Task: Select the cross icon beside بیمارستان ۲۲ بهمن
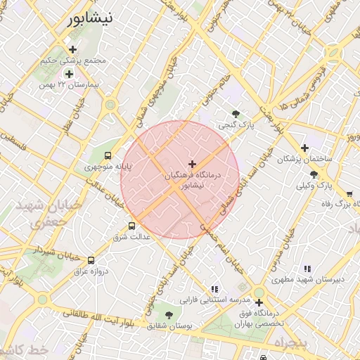click(69, 73)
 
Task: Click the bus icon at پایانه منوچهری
click(108, 155)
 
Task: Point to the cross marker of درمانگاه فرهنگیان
click(192, 163)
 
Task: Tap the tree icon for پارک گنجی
click(235, 114)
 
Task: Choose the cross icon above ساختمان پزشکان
click(304, 148)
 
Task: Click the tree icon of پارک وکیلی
click(314, 174)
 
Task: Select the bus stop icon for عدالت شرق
click(131, 226)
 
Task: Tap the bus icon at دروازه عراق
click(91, 260)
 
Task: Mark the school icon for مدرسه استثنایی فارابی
click(214, 288)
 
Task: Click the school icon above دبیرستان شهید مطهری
click(307, 269)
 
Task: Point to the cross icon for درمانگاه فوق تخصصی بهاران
click(259, 302)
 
